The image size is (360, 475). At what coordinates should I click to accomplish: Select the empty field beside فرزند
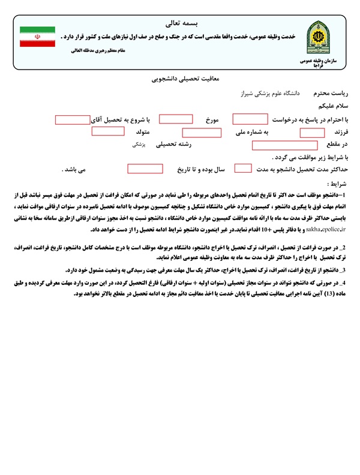(312, 132)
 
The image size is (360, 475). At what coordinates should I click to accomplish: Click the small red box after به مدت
(243, 169)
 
